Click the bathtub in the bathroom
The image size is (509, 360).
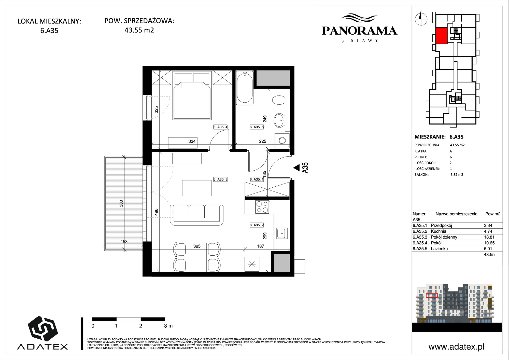pos(245,88)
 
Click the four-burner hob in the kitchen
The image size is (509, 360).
pos(262,207)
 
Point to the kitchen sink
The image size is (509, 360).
pos(282,233)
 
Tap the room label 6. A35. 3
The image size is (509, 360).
pos(220,179)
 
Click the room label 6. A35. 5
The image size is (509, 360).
pos(257,127)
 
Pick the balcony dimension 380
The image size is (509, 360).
pos(121,203)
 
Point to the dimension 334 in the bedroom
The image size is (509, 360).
pos(192,141)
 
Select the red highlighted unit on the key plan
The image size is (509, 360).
pos(442,36)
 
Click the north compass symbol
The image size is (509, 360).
pos(421,18)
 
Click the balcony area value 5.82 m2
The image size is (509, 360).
pos(457,175)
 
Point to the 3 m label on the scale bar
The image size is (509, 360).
pos(168,326)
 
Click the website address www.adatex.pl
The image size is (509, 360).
pos(456,347)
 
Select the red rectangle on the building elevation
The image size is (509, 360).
pos(432,296)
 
